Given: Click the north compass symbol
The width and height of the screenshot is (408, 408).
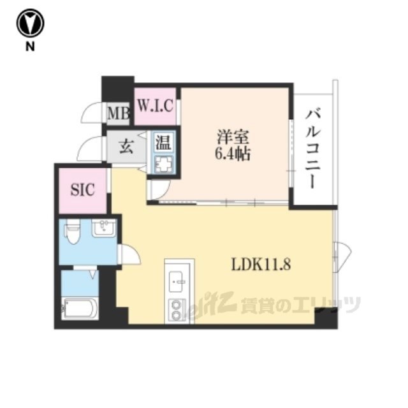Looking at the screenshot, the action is click(30, 23).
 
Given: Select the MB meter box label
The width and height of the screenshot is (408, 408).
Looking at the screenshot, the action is click(119, 113).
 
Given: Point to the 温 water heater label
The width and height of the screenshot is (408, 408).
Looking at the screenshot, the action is click(163, 142).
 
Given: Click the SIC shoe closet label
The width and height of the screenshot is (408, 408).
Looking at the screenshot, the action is click(83, 190).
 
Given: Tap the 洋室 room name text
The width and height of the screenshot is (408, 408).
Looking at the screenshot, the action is click(233, 137).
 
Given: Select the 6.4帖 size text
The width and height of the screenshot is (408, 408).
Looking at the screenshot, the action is click(233, 154).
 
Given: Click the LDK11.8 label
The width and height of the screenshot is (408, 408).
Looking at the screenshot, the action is click(261, 265).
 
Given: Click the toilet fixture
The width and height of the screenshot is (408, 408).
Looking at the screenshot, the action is click(72, 231).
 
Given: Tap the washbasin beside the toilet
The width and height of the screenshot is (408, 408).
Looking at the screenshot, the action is click(104, 228).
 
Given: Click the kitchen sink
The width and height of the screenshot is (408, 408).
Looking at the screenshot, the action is click(177, 281).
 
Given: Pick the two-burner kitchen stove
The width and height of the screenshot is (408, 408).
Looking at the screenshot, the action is click(177, 310).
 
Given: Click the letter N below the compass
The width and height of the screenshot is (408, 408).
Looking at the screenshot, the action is click(30, 47).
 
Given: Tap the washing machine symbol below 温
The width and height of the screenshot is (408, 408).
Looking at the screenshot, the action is click(163, 164).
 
